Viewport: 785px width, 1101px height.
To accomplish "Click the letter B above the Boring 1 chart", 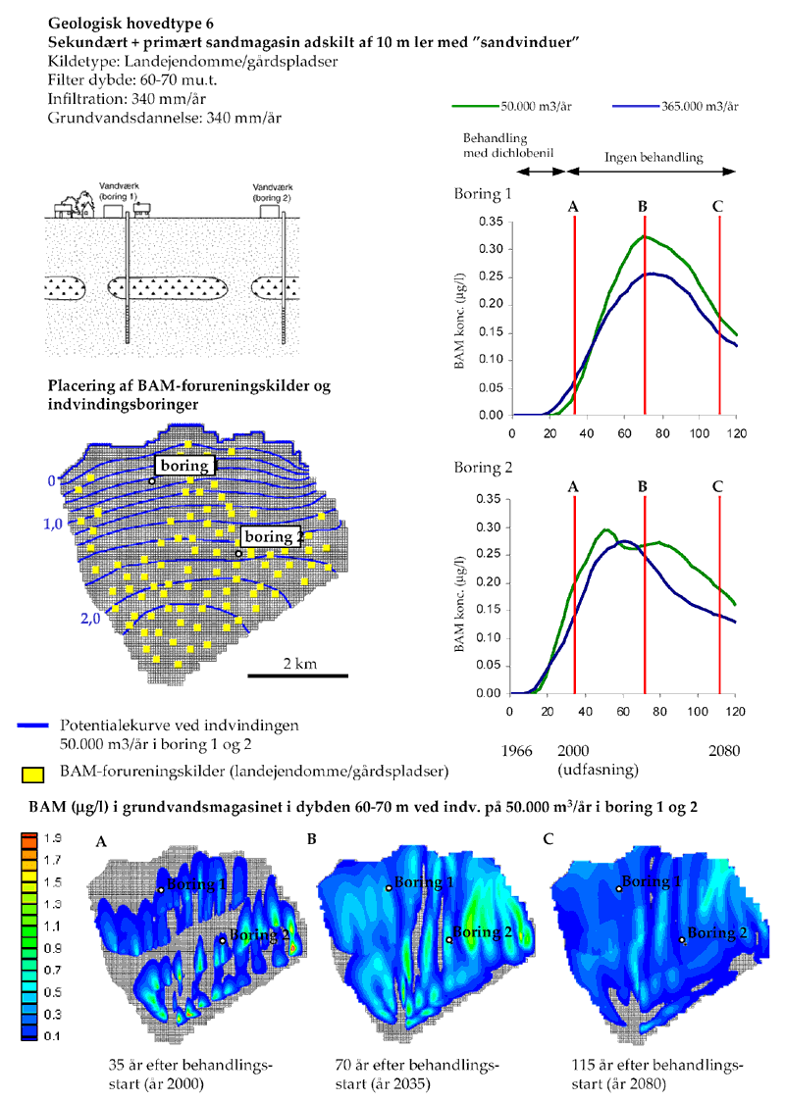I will [x=643, y=207].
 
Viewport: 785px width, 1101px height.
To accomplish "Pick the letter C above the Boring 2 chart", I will [x=718, y=485].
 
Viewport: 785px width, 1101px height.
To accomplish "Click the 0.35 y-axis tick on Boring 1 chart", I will [x=491, y=222].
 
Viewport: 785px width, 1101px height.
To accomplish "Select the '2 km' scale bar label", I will [x=298, y=664].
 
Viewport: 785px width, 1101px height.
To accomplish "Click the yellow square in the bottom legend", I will [x=30, y=775].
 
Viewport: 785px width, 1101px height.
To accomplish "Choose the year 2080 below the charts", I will [x=719, y=751].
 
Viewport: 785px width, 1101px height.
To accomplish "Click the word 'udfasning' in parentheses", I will [x=601, y=770].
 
